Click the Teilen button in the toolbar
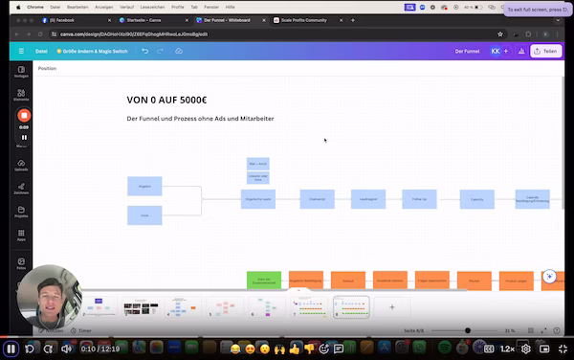[545, 51]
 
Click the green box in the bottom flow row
[264, 281]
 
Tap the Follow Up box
[420, 199]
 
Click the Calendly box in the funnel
[476, 199]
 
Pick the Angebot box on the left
[144, 186]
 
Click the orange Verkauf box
[347, 281]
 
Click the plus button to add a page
[391, 307]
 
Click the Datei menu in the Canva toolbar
[41, 51]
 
